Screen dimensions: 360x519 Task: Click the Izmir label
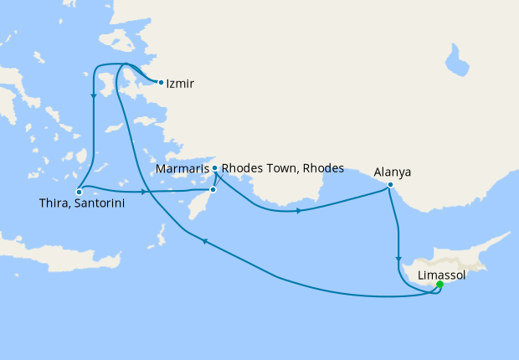point(180,83)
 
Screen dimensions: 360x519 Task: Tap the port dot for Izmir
point(161,82)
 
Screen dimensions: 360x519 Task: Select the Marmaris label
point(182,168)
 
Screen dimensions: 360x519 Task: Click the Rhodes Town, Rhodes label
point(282,168)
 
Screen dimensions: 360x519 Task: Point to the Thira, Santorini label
point(78,203)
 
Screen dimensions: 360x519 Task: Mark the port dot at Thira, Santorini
point(78,191)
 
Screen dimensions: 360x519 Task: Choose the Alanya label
point(392,173)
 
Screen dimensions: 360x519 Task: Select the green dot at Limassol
point(439,285)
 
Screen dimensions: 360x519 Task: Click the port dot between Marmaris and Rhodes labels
point(215,168)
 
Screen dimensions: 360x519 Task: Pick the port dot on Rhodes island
point(213,190)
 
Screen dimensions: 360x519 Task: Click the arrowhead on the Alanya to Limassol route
point(398,260)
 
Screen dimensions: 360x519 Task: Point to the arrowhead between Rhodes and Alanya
point(298,210)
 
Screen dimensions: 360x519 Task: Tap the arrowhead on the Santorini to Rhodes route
point(146,193)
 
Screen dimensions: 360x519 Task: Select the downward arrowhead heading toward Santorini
point(92,94)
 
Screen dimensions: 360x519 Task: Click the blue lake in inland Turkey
point(458,63)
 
